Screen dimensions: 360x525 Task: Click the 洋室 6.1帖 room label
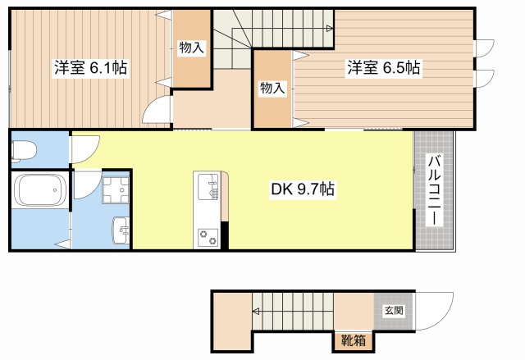(84, 68)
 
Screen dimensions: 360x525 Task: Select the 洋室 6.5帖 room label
(382, 68)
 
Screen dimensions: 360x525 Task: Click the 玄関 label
(393, 310)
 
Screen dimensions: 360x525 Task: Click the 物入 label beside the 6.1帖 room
(191, 48)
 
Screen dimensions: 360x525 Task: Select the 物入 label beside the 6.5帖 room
(272, 87)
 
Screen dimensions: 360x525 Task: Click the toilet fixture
(24, 150)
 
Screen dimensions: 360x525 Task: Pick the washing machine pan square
(114, 190)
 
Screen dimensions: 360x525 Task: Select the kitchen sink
(207, 188)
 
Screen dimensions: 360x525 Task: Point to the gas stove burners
(207, 236)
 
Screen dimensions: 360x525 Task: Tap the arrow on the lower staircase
(256, 312)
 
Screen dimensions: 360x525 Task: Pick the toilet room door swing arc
(83, 148)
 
